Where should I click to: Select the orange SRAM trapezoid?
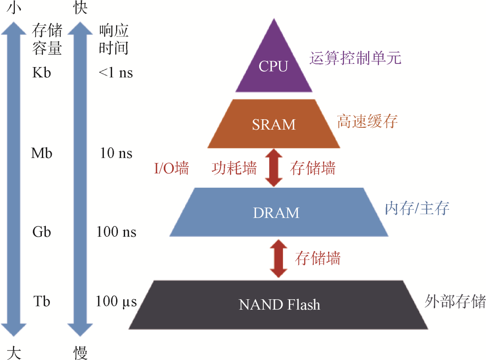click(274, 124)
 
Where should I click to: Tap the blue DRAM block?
click(276, 212)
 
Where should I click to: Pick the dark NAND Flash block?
click(279, 305)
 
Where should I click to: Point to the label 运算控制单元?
click(355, 58)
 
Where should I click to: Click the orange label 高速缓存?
click(368, 121)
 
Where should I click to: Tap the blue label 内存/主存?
click(417, 208)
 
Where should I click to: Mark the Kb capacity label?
click(42, 72)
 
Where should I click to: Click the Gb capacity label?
click(42, 232)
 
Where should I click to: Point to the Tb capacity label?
click(42, 301)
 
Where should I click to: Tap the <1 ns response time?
click(116, 72)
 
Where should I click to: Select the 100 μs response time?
click(116, 301)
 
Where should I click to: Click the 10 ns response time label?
click(116, 153)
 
